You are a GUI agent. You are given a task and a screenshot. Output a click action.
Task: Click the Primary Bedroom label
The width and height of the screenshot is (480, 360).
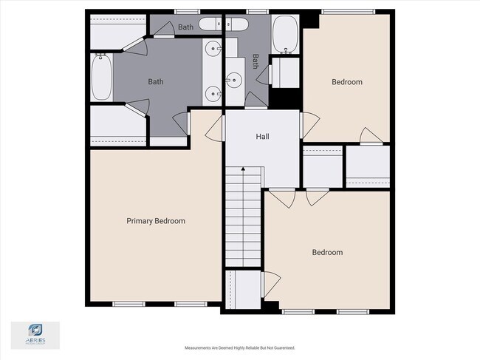click(155, 221)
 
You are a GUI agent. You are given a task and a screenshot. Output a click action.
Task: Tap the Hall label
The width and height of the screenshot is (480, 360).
click(262, 137)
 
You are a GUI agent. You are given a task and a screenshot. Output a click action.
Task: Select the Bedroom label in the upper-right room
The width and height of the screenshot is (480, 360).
click(346, 82)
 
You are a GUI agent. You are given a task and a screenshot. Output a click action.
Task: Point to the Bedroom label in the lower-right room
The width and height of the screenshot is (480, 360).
click(327, 253)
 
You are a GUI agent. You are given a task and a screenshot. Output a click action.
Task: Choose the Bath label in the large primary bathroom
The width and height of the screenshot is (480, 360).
click(155, 82)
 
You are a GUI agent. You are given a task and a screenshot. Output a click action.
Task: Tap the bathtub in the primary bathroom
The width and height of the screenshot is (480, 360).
click(102, 78)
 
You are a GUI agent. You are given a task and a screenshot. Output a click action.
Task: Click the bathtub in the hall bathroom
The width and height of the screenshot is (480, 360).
click(285, 33)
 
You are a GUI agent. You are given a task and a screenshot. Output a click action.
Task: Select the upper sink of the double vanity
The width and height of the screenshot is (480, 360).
click(213, 50)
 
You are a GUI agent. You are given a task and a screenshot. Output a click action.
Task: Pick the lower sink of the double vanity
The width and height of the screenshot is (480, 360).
click(213, 93)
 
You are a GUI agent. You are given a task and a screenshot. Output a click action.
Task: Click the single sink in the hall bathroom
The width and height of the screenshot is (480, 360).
click(234, 79)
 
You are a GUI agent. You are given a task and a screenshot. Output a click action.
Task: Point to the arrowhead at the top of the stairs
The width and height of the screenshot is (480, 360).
click(244, 171)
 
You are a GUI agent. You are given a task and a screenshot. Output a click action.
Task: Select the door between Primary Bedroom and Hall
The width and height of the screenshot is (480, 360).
click(214, 129)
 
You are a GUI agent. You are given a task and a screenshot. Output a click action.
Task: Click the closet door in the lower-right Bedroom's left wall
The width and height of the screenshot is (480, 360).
click(272, 282)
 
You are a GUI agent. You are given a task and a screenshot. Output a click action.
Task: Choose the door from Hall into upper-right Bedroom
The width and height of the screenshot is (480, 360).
click(308, 125)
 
